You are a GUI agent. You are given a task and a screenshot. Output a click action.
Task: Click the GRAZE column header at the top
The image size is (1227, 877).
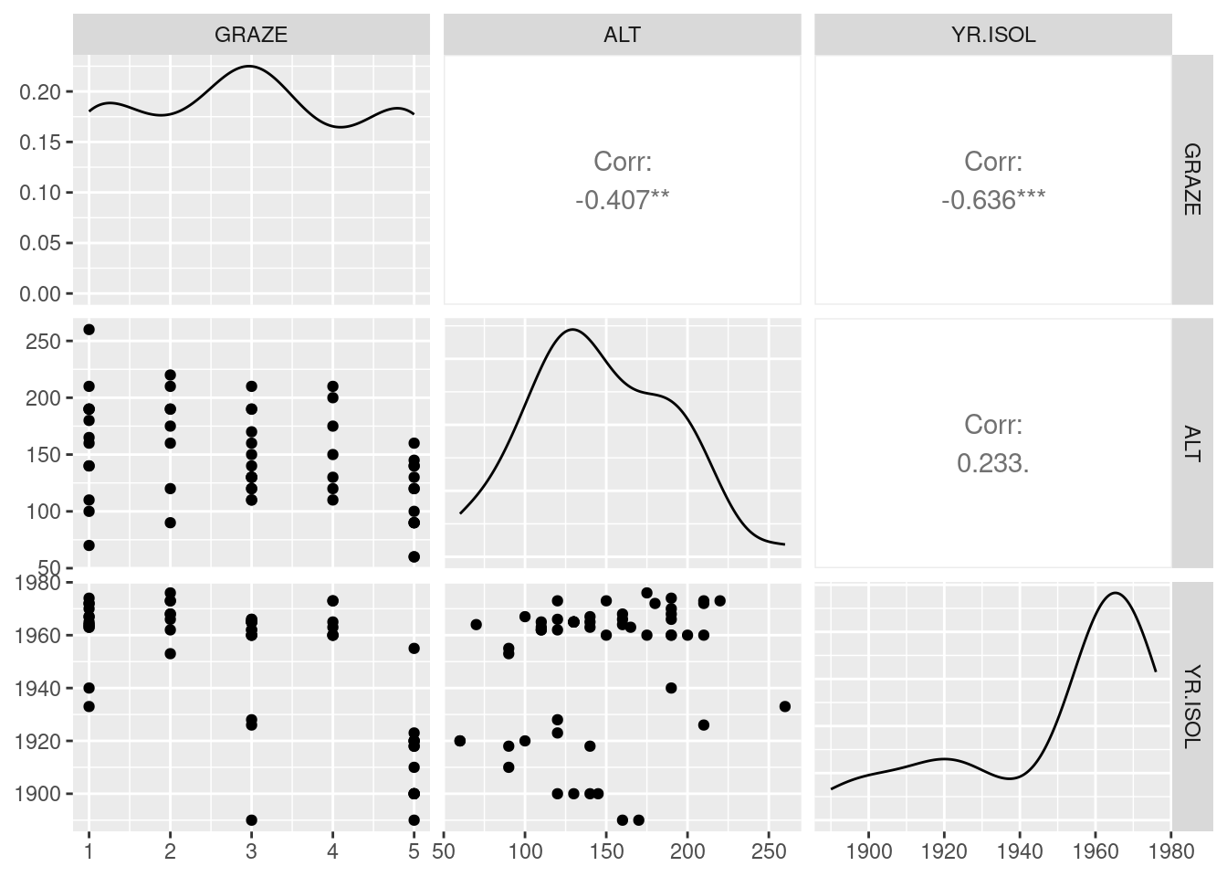pos(251,35)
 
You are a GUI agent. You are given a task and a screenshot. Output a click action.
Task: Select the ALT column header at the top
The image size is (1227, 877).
pos(622,35)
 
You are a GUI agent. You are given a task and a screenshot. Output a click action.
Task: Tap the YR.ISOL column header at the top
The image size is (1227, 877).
pos(992,35)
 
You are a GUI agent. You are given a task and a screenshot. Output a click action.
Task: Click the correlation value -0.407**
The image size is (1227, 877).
pos(622,200)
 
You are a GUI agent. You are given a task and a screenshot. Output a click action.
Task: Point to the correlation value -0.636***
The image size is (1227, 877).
pos(992,200)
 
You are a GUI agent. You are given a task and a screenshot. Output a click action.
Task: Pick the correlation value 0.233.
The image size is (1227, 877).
pos(992,464)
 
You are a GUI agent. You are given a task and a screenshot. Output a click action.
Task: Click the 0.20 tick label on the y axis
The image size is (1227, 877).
pos(42,91)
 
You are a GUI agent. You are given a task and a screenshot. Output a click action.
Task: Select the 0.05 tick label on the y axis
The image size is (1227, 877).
pos(42,243)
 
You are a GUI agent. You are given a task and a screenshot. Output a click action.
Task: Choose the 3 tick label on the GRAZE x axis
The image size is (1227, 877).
pos(251,851)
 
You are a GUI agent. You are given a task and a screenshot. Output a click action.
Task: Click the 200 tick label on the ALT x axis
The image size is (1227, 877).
pos(687,851)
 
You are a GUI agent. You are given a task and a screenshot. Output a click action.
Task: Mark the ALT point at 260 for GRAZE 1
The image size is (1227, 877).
pos(89,330)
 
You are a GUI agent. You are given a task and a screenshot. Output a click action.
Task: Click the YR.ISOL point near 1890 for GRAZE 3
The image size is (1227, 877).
pos(251,820)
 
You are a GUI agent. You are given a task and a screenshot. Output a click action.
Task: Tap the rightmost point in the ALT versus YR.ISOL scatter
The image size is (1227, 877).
pos(785,706)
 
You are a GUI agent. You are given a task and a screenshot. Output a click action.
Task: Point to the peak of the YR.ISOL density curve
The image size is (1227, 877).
pos(1116,594)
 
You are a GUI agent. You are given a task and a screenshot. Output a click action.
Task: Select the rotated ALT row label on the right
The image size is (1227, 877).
pos(1192,443)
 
